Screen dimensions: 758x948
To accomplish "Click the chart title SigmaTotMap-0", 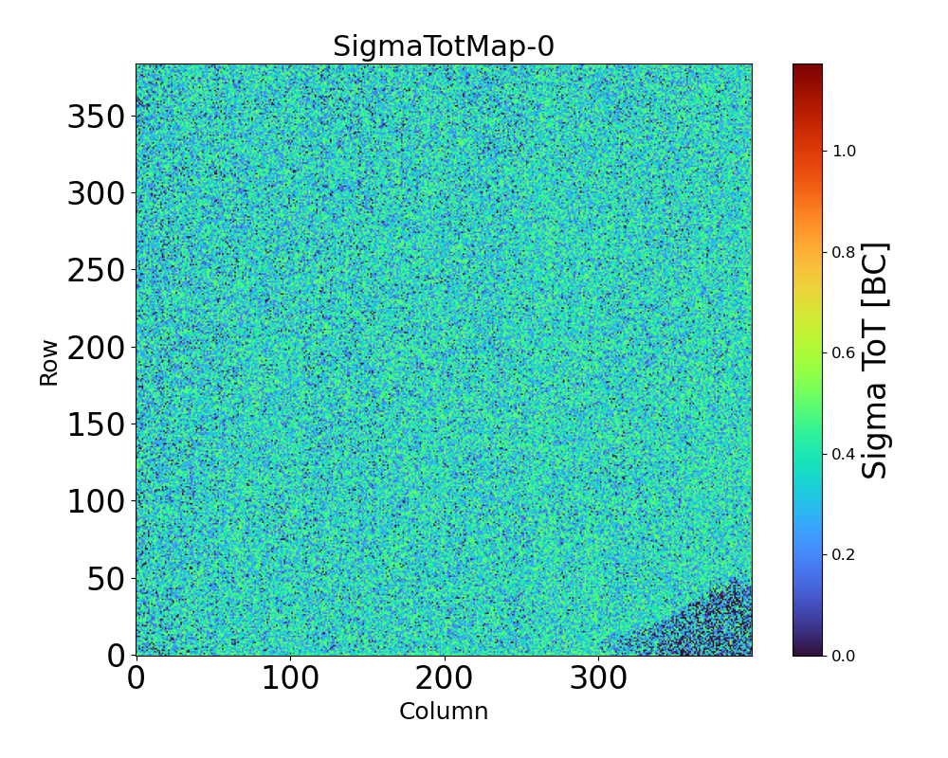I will coord(443,46).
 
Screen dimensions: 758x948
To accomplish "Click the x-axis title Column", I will coord(443,712).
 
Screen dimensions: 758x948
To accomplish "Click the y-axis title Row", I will coord(48,363).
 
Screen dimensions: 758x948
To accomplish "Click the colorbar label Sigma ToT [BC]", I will coord(877,360).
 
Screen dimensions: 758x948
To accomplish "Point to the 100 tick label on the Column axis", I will coord(290,678).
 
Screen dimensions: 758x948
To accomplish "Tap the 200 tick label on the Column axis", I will coord(444,678).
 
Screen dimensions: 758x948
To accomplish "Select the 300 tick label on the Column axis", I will coord(598,678).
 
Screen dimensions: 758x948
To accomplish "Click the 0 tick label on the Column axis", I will coord(137,678).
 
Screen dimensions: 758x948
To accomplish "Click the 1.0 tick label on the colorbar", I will coord(844,151).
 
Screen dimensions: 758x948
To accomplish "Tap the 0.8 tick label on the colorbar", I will coord(844,251).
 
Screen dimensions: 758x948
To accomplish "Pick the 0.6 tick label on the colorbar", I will coord(844,352).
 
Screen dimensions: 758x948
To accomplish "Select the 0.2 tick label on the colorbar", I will coord(844,554).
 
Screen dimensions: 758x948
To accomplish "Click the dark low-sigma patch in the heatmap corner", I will coord(716,625).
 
